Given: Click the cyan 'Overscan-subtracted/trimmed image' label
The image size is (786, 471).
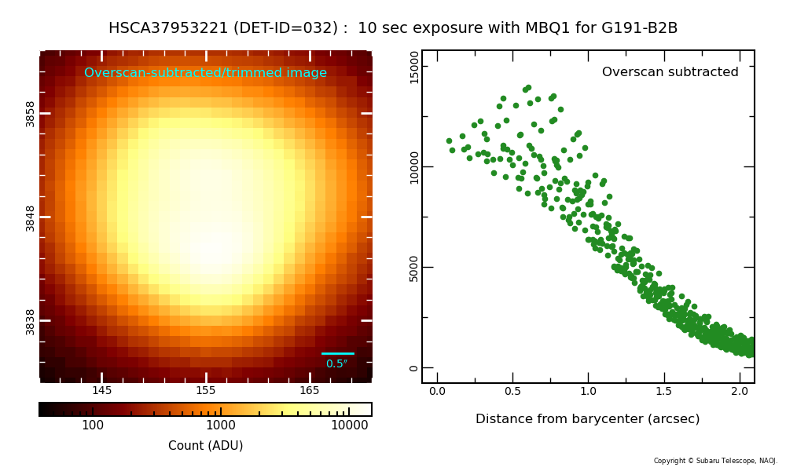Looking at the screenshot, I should (x=205, y=73).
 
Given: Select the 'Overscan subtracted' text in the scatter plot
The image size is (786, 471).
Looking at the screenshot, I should (x=670, y=72).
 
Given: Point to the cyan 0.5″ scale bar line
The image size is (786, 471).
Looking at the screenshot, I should (x=338, y=353).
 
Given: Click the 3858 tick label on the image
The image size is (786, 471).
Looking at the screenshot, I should (x=31, y=113).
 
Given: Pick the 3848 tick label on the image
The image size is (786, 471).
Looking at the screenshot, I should (x=31, y=217).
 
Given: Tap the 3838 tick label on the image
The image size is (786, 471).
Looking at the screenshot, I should (x=31, y=321).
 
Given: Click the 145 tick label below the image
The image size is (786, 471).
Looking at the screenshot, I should (x=102, y=391).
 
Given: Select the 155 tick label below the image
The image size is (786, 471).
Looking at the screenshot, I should (x=206, y=391).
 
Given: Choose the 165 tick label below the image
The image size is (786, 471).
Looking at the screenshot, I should (x=310, y=391).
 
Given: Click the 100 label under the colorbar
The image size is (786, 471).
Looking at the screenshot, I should (x=93, y=425).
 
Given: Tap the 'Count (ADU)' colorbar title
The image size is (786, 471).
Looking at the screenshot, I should (x=205, y=446).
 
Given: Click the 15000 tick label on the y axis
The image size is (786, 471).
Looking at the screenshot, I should (x=414, y=67).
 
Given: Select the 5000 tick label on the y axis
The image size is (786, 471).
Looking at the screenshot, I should (x=414, y=268).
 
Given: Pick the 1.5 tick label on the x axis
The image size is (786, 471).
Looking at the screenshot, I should (x=663, y=392).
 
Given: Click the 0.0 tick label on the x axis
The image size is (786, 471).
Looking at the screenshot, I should (x=438, y=392).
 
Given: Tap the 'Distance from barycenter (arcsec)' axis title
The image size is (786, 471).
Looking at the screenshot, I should (x=587, y=419).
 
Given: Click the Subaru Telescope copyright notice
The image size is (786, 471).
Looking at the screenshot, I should (x=715, y=461).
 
